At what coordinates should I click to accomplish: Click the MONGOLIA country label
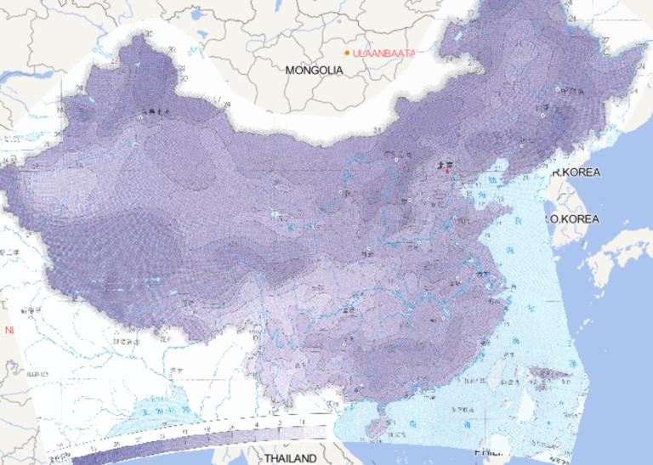(x=314, y=71)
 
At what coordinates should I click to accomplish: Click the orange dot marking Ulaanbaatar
(x=347, y=54)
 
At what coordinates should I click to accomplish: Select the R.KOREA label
(x=576, y=173)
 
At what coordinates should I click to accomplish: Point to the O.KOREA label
(x=576, y=219)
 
